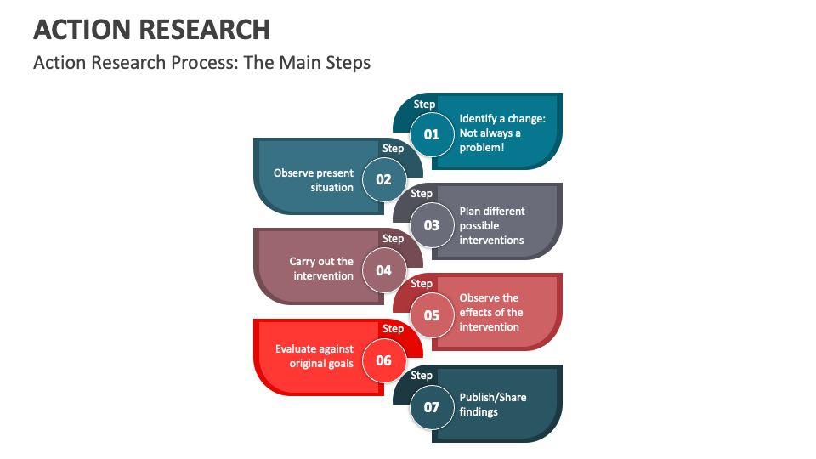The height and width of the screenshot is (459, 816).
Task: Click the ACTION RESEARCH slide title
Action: (151, 29)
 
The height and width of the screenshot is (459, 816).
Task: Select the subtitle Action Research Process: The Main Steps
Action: (201, 63)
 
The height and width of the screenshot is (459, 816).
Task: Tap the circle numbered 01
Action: (432, 134)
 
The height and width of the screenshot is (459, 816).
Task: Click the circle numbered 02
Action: (383, 179)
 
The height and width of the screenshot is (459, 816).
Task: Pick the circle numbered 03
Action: (432, 225)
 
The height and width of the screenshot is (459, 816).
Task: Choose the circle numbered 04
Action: (383, 270)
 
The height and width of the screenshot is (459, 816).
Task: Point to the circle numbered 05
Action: (432, 315)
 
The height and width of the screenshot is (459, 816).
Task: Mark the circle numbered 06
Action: (383, 360)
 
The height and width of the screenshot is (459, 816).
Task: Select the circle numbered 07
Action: (432, 407)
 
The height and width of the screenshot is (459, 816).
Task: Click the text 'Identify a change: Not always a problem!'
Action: (501, 133)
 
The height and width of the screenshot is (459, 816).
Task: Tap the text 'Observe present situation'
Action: (313, 180)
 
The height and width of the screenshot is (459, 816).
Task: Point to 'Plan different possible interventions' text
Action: (492, 225)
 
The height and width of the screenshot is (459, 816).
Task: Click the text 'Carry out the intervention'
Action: (321, 269)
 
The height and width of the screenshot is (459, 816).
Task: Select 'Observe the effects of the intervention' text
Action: (491, 313)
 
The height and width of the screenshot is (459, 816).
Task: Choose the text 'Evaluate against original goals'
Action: (314, 356)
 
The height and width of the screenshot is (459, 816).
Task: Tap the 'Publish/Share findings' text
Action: (493, 405)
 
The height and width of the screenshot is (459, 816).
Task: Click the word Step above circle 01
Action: (424, 105)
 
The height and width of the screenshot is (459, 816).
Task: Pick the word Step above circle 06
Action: (393, 329)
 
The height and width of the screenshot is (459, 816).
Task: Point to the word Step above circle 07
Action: (422, 375)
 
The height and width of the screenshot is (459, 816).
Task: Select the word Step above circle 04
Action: (393, 239)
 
